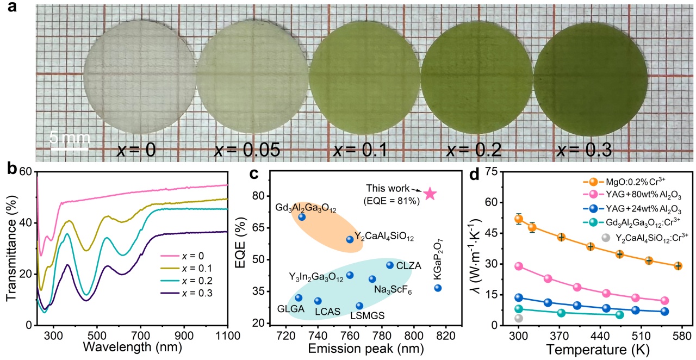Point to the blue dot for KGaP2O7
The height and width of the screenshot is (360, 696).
[x=438, y=288]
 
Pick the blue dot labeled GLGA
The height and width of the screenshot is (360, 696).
[x=299, y=297]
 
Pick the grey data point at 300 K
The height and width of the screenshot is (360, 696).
[x=519, y=318]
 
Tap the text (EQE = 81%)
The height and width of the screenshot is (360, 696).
[x=392, y=202]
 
